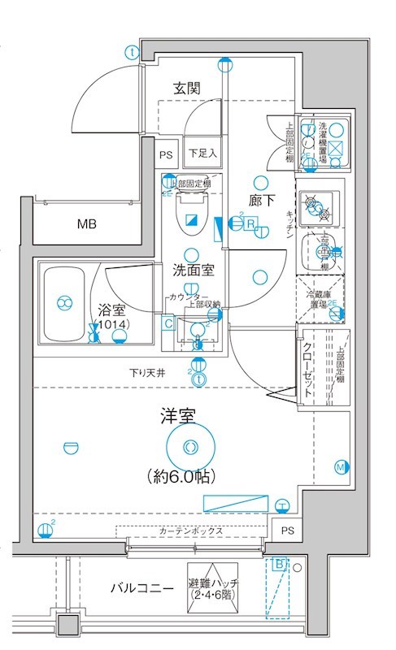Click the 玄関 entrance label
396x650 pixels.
tap(186, 88)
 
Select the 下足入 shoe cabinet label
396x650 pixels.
tap(202, 152)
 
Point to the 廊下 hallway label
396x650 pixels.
tap(261, 199)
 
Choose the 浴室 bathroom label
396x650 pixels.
tap(112, 309)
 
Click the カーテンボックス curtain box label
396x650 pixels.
tap(189, 531)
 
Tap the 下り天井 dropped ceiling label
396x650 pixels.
tap(148, 374)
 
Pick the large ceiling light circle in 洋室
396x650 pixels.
tap(190, 446)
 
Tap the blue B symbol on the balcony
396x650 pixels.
tap(280, 562)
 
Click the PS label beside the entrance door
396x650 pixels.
tap(166, 153)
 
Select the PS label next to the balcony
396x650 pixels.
tap(286, 531)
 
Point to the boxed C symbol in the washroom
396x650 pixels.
tap(168, 324)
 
